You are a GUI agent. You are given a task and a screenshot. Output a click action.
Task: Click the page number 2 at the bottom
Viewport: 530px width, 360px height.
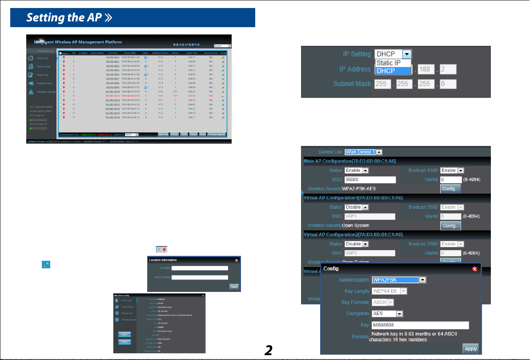pos(268,350)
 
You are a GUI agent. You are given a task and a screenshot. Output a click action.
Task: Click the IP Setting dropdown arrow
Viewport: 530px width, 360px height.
pos(406,54)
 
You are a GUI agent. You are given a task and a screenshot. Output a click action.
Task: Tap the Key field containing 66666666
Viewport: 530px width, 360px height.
pos(420,325)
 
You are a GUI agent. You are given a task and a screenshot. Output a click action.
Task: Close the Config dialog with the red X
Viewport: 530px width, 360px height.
pos(475,269)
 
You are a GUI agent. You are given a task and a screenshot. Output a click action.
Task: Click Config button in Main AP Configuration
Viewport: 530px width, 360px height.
pos(450,189)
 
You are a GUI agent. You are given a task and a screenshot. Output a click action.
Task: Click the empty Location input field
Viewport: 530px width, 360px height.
pos(200,268)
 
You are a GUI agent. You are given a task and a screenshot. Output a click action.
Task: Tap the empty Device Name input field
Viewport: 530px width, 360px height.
pos(200,277)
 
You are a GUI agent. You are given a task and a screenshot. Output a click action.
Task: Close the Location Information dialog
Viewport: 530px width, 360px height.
pos(237,260)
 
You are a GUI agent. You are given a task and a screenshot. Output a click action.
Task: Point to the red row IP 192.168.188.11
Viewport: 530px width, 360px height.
pos(112,96)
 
